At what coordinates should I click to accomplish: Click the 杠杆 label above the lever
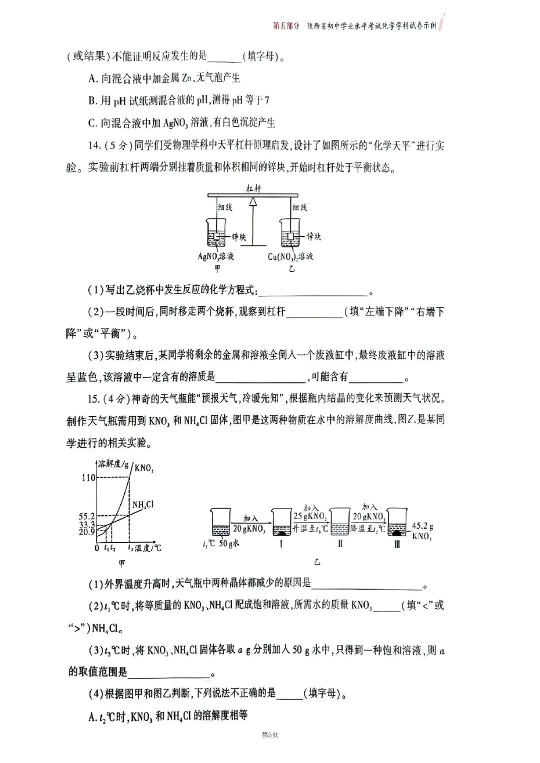coord(253,188)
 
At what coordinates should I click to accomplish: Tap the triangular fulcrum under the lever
coord(253,201)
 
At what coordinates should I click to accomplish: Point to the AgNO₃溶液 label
coord(216,257)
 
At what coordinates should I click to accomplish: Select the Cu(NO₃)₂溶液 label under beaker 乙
coord(290,257)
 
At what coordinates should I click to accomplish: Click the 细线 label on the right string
coord(299,207)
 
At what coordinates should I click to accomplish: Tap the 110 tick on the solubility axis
coord(88,478)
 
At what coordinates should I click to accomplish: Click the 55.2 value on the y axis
coord(86,515)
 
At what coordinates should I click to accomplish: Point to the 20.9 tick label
coord(86,532)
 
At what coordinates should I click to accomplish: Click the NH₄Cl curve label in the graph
coord(142,505)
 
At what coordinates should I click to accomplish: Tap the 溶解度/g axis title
coord(113,464)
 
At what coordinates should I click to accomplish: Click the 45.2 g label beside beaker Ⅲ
coord(422,526)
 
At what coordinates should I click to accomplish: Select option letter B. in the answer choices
coord(92,100)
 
